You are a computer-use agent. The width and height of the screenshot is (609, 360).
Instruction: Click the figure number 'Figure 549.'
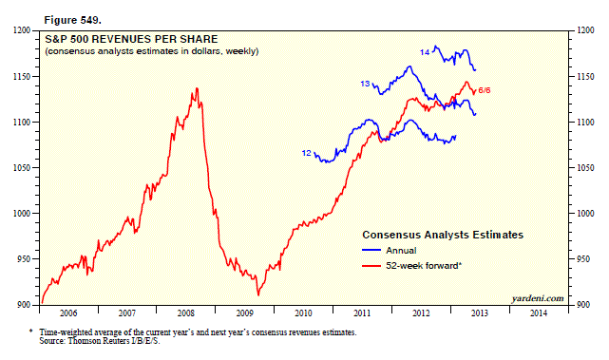click(x=72, y=20)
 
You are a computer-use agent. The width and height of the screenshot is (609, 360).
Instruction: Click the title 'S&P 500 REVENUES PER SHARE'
click(x=131, y=39)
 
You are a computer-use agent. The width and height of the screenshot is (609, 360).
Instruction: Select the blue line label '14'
click(x=425, y=52)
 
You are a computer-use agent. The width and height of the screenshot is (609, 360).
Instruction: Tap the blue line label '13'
click(x=365, y=84)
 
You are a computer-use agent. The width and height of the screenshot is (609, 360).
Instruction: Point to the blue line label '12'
click(x=307, y=153)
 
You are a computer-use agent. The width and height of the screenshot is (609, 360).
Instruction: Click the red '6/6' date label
click(x=485, y=90)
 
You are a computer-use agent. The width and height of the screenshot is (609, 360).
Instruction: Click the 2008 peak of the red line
click(x=198, y=88)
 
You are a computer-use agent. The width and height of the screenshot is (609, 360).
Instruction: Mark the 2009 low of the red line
click(x=257, y=295)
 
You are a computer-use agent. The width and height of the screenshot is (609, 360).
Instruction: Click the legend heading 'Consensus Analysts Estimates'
click(x=443, y=235)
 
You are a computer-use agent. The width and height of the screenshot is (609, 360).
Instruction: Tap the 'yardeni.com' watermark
click(x=538, y=298)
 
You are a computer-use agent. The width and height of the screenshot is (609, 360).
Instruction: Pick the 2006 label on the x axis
click(x=68, y=313)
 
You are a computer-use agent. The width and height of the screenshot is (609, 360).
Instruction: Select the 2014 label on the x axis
click(x=539, y=313)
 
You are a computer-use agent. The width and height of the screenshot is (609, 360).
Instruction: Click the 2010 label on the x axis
click(x=303, y=313)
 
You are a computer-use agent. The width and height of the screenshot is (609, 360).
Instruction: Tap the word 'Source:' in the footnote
click(x=52, y=341)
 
